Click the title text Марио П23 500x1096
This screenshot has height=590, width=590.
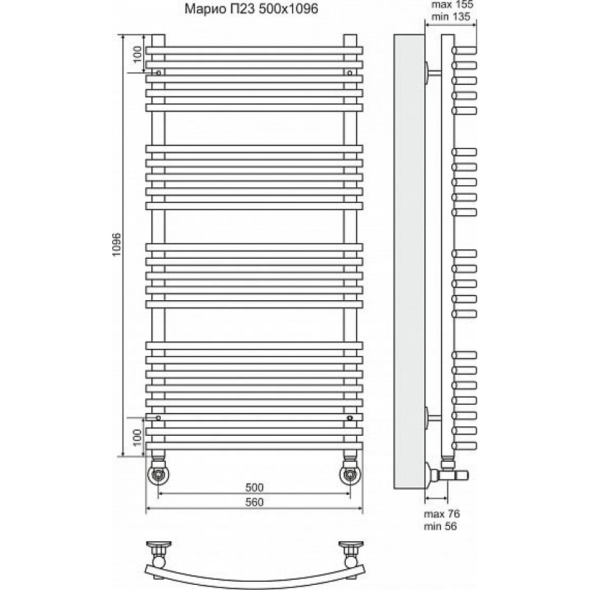click(251, 8)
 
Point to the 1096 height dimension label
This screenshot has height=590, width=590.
click(117, 245)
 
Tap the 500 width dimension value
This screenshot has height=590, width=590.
click(254, 487)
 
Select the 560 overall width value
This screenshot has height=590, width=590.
click(254, 502)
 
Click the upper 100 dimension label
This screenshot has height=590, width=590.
click(137, 54)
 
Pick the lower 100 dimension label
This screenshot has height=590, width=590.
click(137, 437)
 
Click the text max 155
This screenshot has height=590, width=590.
click(452, 4)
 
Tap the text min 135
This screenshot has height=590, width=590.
click(451, 16)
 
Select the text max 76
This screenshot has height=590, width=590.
click(442, 513)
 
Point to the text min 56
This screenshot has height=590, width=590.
click(440, 526)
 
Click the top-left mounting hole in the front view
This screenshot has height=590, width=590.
click(159, 72)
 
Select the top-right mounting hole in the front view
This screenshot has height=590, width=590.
click(350, 72)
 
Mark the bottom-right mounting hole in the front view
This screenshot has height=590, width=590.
click(350, 417)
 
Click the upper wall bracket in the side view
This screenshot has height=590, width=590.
click(433, 72)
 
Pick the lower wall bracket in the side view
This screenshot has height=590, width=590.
click(433, 417)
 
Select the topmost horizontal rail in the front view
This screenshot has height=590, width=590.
click(254, 50)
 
